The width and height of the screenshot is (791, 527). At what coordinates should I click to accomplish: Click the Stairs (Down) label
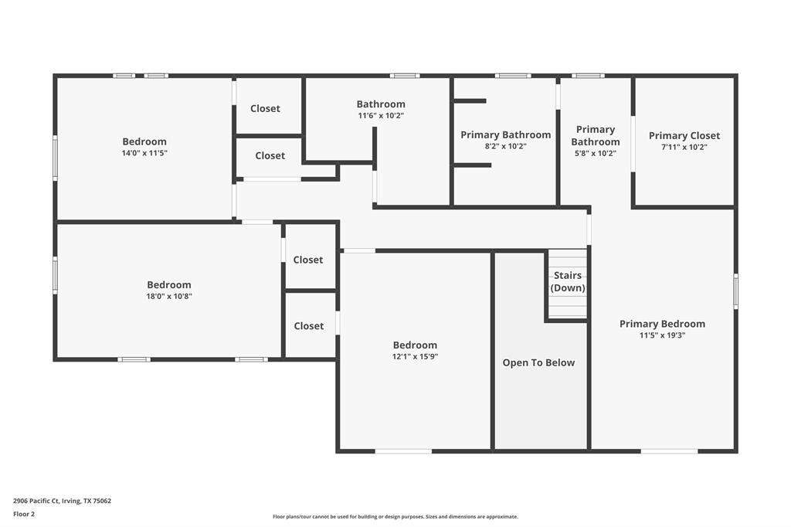568,282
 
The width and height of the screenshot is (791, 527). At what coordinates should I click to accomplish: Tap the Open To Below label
538,362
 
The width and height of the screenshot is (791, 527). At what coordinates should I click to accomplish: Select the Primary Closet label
684,136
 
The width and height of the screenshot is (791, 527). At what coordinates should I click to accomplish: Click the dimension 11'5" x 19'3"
662,335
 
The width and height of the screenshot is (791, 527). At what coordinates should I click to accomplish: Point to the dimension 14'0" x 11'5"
144,153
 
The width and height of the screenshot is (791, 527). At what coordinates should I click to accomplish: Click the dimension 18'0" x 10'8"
169,296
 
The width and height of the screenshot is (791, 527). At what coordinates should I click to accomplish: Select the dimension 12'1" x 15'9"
415,356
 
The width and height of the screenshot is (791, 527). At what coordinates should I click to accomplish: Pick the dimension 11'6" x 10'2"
380,116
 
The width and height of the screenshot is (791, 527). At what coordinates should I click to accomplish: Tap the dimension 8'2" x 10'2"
505,146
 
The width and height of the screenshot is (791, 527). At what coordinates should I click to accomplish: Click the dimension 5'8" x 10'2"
595,153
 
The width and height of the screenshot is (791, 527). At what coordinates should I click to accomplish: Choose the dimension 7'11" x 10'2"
684,147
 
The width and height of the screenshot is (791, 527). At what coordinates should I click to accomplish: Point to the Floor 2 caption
24,514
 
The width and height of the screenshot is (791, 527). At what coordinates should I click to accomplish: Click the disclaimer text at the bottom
395,517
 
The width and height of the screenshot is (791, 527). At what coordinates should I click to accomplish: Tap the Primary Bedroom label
662,324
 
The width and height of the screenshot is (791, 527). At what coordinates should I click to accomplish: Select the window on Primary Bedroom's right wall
735,291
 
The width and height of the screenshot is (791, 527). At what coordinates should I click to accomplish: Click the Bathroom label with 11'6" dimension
380,104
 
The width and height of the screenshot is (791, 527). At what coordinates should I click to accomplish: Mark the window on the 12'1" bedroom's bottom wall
403,450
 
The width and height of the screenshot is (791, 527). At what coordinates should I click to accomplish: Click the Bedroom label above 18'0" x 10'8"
169,284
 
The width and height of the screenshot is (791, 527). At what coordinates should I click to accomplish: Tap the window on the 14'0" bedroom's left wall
55,158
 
